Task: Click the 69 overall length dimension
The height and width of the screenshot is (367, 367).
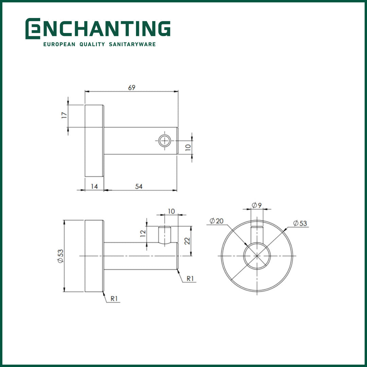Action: click(x=132, y=88)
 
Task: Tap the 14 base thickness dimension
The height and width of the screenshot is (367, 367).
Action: click(x=94, y=186)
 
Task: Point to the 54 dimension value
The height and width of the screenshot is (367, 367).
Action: click(x=139, y=186)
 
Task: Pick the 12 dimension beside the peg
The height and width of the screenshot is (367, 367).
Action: click(x=143, y=233)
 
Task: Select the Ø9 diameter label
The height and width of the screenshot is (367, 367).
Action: click(x=257, y=205)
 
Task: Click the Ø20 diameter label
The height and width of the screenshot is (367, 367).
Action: click(x=216, y=221)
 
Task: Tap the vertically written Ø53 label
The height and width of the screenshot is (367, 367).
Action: click(x=60, y=256)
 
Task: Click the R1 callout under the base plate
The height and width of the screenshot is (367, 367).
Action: click(x=114, y=299)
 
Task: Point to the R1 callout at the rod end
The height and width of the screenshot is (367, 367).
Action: click(x=190, y=278)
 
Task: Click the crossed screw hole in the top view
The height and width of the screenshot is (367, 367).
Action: click(x=165, y=140)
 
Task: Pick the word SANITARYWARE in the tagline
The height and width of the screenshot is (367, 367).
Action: click(x=132, y=44)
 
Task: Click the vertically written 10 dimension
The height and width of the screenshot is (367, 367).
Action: click(x=188, y=147)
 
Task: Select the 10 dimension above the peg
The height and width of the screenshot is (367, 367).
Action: click(x=171, y=211)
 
